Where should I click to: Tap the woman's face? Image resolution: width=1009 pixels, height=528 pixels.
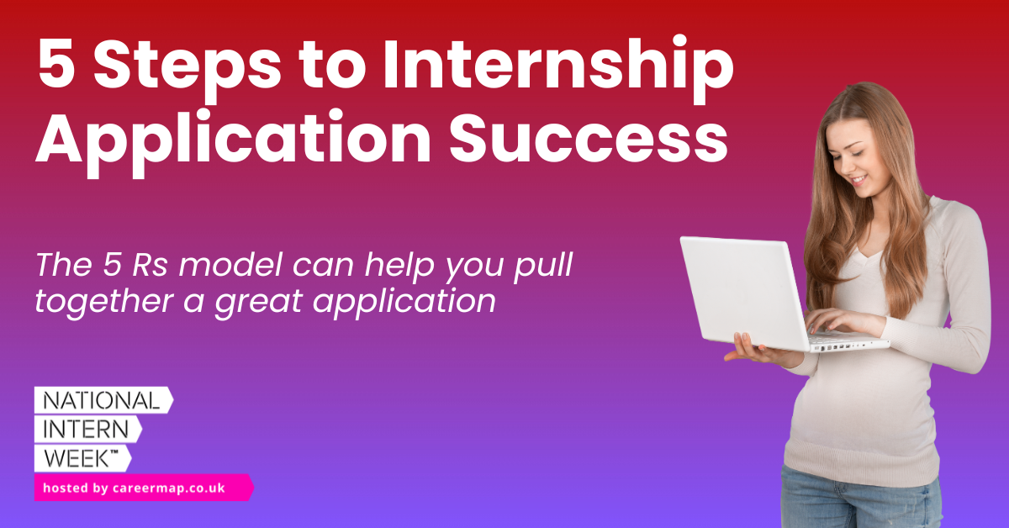pos(858,156)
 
